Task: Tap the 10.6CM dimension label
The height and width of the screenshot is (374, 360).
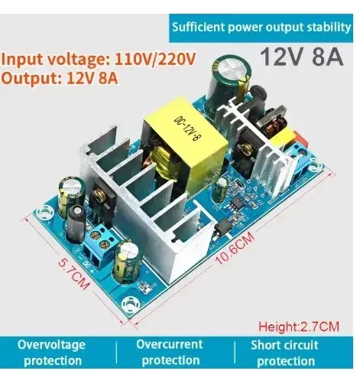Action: point(235,249)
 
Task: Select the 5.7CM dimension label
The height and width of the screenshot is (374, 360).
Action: point(74,274)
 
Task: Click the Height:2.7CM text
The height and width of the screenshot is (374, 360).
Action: point(299,327)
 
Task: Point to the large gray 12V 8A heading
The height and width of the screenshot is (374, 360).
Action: point(301,57)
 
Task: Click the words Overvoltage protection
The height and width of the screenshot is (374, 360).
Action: point(52,353)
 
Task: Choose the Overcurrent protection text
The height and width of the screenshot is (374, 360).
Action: point(170,352)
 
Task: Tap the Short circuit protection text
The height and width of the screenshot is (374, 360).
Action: point(285,353)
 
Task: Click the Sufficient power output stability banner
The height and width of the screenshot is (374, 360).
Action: point(261,28)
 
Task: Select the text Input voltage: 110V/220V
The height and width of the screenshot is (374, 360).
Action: point(99,60)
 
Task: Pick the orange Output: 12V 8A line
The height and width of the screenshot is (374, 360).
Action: point(60,78)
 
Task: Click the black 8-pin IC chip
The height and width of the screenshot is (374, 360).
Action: point(235,203)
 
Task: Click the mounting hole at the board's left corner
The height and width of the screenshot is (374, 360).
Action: point(44,213)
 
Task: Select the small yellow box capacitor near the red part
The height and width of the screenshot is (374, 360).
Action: point(283,138)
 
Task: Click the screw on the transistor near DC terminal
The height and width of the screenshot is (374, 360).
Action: point(97,197)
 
